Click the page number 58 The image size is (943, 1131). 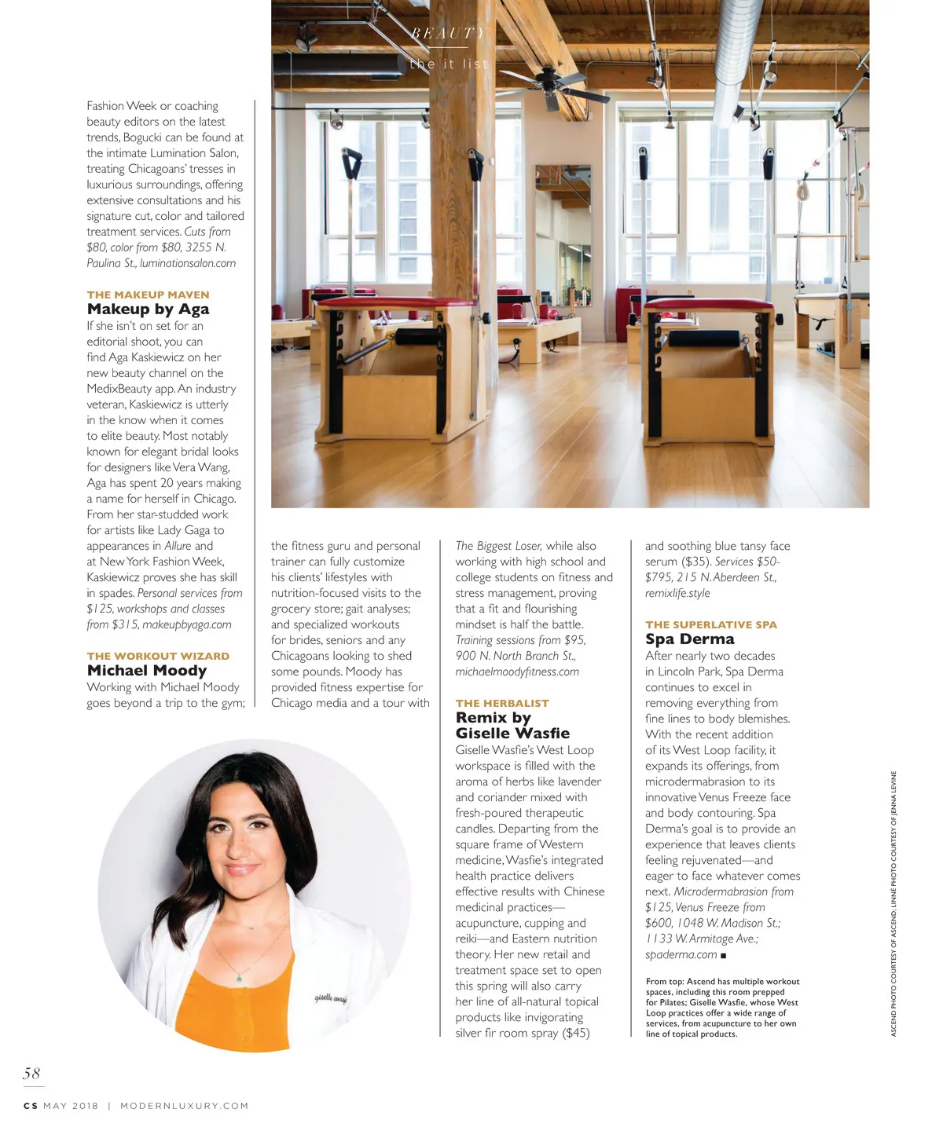[x=31, y=1073]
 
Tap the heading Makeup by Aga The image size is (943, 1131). [x=148, y=309]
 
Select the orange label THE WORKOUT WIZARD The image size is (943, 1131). [x=158, y=656]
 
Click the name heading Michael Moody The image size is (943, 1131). [x=147, y=671]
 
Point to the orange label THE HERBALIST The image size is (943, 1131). [x=502, y=703]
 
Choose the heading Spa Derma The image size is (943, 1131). [x=689, y=639]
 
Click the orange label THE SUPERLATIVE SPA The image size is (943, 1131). [x=710, y=624]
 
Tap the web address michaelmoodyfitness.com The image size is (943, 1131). [x=517, y=672]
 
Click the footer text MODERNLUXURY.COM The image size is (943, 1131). [x=184, y=1106]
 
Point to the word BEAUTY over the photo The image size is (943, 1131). [x=448, y=33]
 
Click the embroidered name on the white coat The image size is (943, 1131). [x=331, y=998]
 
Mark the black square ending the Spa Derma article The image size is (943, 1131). [x=723, y=955]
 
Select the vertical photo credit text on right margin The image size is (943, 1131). [x=893, y=903]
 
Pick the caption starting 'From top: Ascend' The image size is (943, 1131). [x=721, y=1008]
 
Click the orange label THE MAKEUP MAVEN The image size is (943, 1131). [x=148, y=295]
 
